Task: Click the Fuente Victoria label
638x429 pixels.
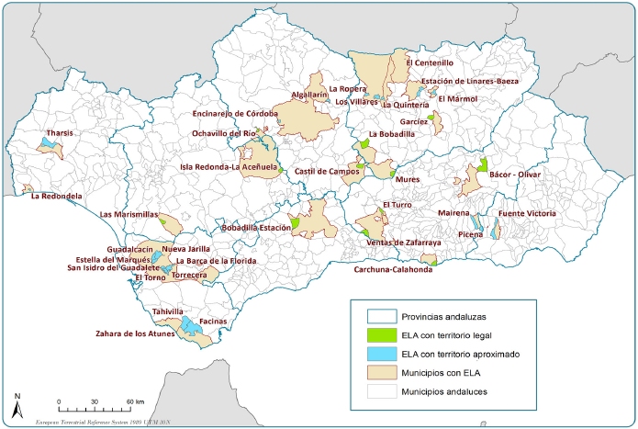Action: tap(526, 214)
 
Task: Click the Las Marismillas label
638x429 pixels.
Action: tap(129, 214)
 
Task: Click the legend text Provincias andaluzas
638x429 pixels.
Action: tap(442, 316)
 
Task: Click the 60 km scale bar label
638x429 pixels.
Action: tap(134, 402)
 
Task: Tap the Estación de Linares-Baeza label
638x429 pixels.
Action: tap(469, 81)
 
